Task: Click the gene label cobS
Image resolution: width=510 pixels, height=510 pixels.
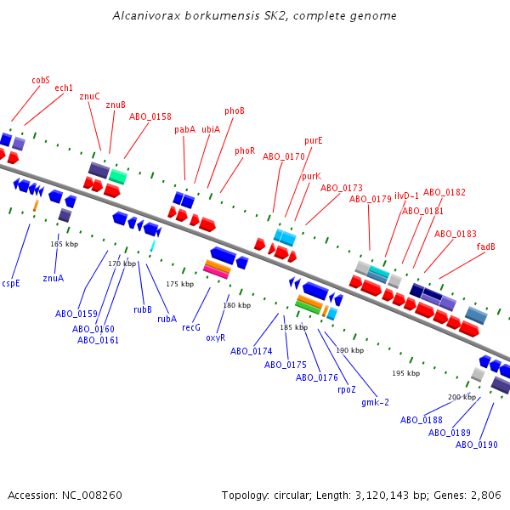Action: [x=41, y=80]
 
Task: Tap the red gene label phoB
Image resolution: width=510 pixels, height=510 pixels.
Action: [x=235, y=110]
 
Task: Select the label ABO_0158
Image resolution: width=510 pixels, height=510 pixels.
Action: [x=150, y=117]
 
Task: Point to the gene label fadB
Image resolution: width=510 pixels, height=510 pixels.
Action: [x=486, y=247]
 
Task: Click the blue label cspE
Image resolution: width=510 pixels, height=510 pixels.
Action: [x=11, y=283]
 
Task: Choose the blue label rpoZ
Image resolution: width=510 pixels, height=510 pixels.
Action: [x=347, y=390]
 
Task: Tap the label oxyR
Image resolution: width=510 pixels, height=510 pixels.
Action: [x=215, y=337]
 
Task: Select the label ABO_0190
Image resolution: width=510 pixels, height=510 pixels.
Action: [x=477, y=445]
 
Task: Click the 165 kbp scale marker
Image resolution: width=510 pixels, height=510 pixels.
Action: [x=65, y=244]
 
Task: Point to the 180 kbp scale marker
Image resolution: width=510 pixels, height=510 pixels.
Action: [x=237, y=305]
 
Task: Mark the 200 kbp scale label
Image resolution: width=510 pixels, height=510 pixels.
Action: [x=462, y=397]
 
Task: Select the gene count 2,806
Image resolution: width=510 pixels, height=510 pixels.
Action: [x=485, y=495]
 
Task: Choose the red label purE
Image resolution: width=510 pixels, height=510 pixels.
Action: [x=314, y=140]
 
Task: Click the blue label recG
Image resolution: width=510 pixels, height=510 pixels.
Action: [x=191, y=327]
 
